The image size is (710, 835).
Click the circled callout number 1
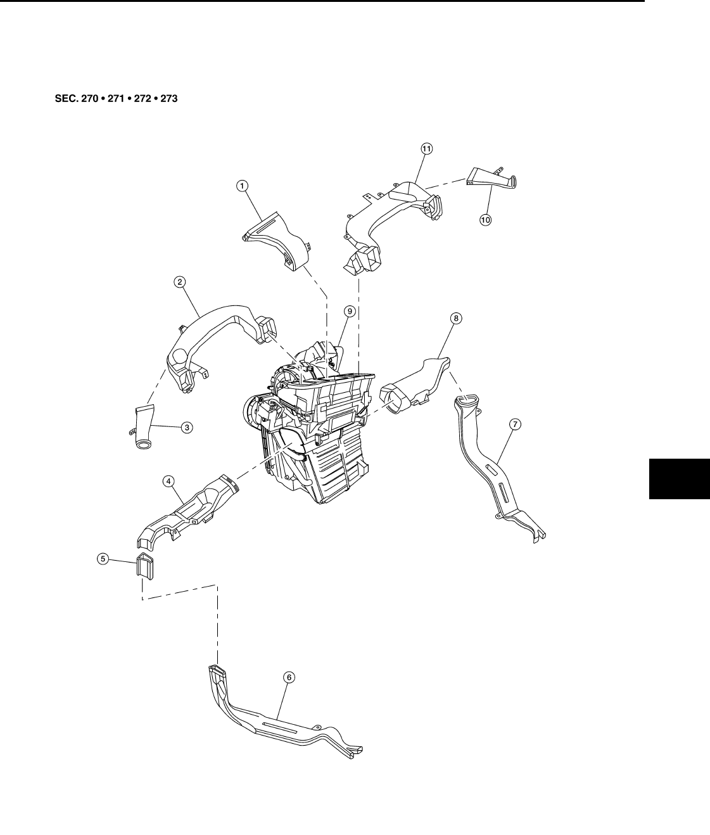click(242, 186)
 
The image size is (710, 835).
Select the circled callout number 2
click(181, 283)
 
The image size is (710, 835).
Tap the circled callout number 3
click(187, 427)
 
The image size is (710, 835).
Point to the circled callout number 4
click(168, 481)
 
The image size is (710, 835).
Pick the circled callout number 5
click(102, 559)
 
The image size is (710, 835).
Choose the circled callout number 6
click(289, 677)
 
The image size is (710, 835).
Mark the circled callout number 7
click(515, 425)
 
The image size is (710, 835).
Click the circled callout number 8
click(456, 318)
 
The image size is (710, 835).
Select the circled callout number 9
click(349, 311)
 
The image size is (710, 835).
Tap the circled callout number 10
click(485, 220)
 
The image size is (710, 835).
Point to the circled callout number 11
click(426, 148)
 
